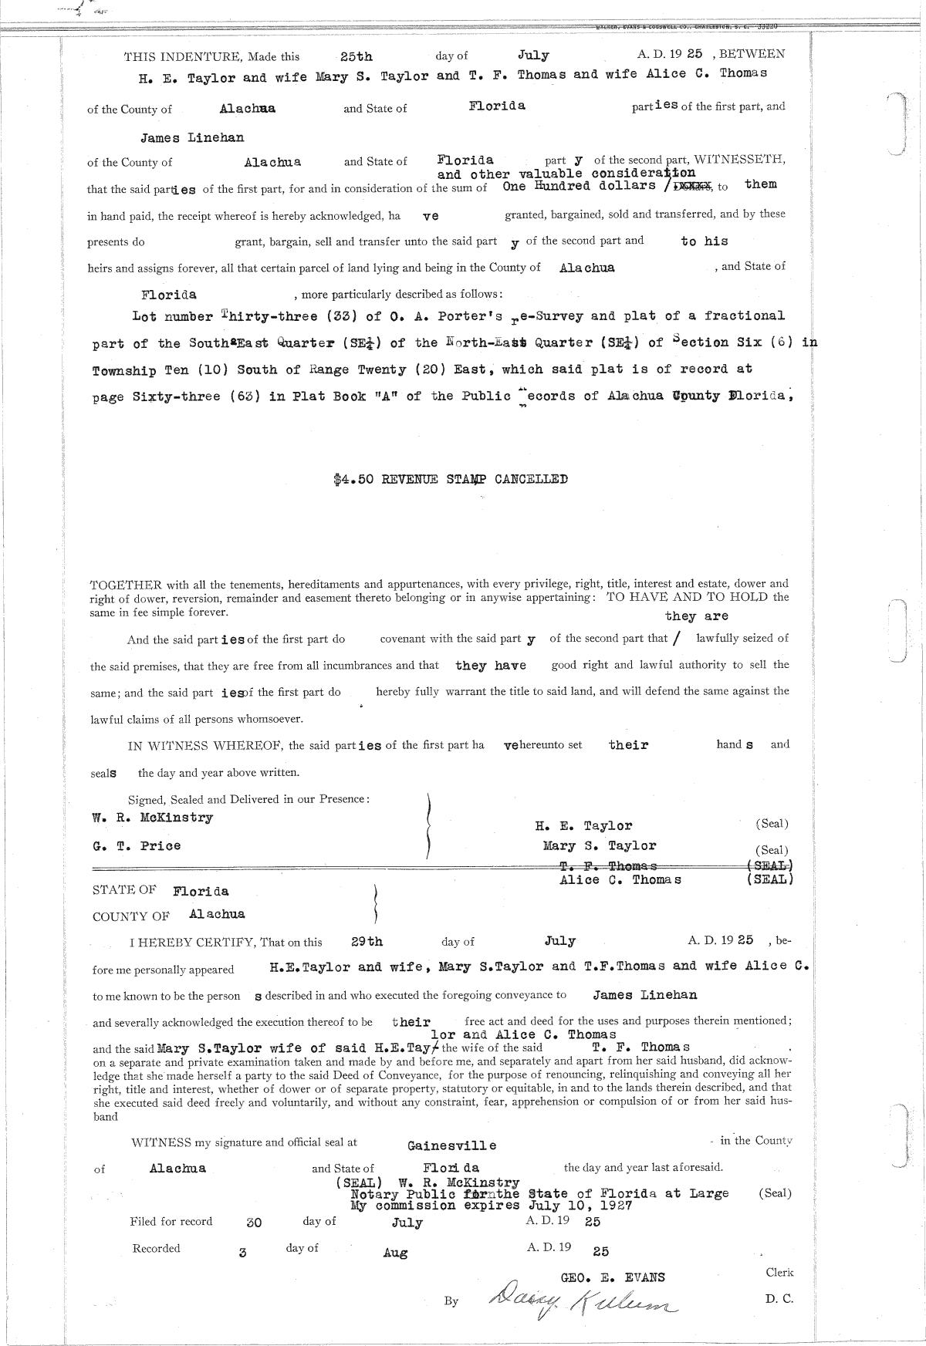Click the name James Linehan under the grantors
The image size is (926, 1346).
click(x=192, y=137)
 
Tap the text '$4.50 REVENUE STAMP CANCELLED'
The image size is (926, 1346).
click(x=451, y=479)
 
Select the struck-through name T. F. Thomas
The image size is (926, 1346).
click(x=610, y=865)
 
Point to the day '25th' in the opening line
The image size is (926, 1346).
click(x=356, y=56)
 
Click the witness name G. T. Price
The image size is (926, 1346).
click(x=137, y=845)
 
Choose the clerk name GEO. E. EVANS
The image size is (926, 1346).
click(x=613, y=1277)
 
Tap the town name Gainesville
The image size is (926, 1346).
click(x=452, y=1145)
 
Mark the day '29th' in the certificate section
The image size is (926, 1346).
click(x=367, y=942)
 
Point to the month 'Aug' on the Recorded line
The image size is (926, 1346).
click(x=395, y=1253)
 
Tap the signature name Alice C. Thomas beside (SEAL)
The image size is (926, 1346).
click(x=620, y=879)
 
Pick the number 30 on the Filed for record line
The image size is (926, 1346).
click(x=253, y=1223)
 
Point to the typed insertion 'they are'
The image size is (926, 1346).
click(x=696, y=616)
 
